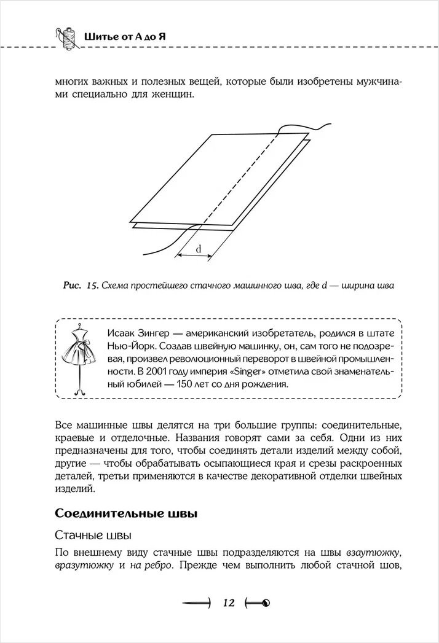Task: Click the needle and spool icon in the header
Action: [x=63, y=37]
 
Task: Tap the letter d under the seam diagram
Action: [x=199, y=249]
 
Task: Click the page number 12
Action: [x=229, y=602]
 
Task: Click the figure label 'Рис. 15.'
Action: [x=81, y=286]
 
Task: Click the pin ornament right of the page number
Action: [x=258, y=603]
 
